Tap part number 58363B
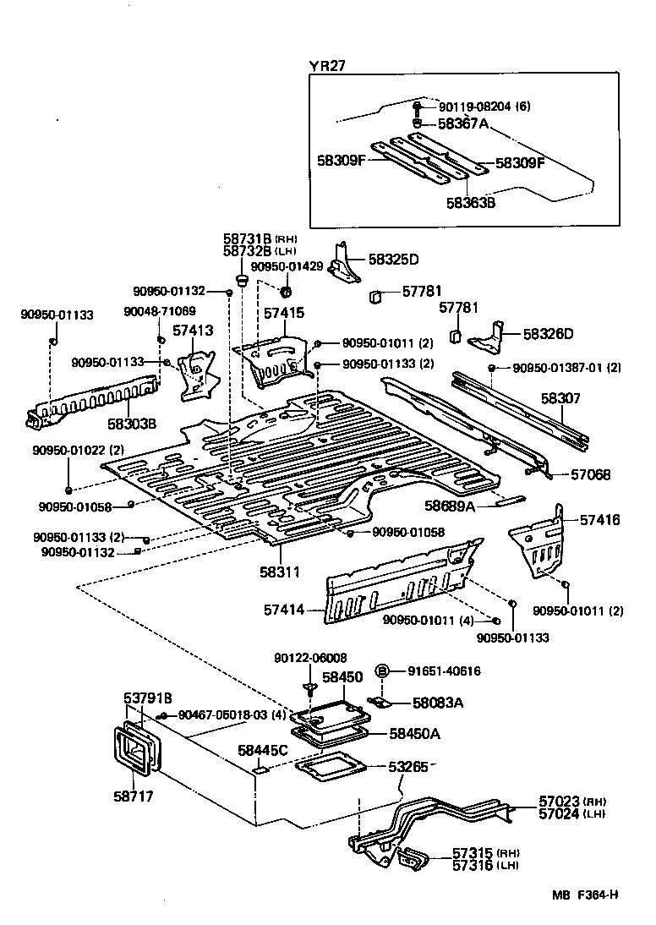click(x=472, y=203)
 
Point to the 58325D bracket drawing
click(x=343, y=263)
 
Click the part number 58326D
click(x=548, y=334)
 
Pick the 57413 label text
click(x=194, y=331)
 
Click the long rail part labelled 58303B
click(x=93, y=401)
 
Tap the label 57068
click(x=590, y=475)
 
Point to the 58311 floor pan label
click(x=280, y=572)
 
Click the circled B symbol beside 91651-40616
click(x=381, y=670)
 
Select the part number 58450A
click(x=413, y=734)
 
